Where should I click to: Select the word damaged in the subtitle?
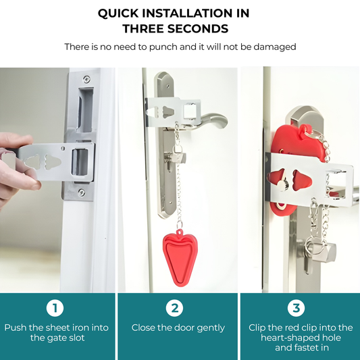click(x=274, y=47)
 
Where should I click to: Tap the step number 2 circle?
click(x=176, y=309)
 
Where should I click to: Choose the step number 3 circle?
click(x=296, y=309)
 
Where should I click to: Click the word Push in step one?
click(x=15, y=328)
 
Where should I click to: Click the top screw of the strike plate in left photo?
click(x=86, y=79)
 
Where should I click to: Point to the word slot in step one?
click(x=77, y=338)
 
